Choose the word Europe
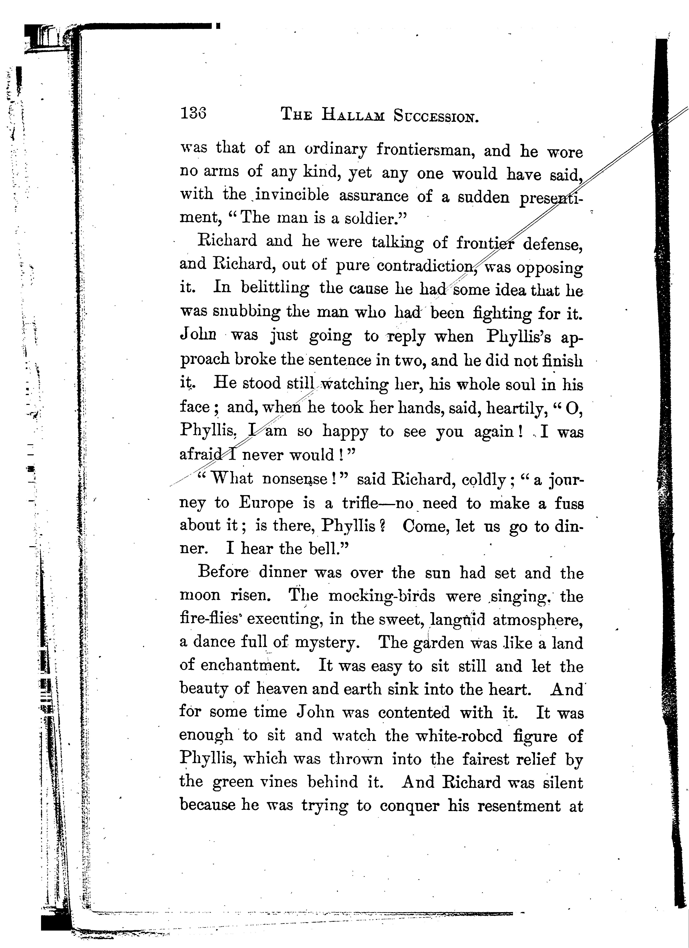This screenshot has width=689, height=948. point(266,502)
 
